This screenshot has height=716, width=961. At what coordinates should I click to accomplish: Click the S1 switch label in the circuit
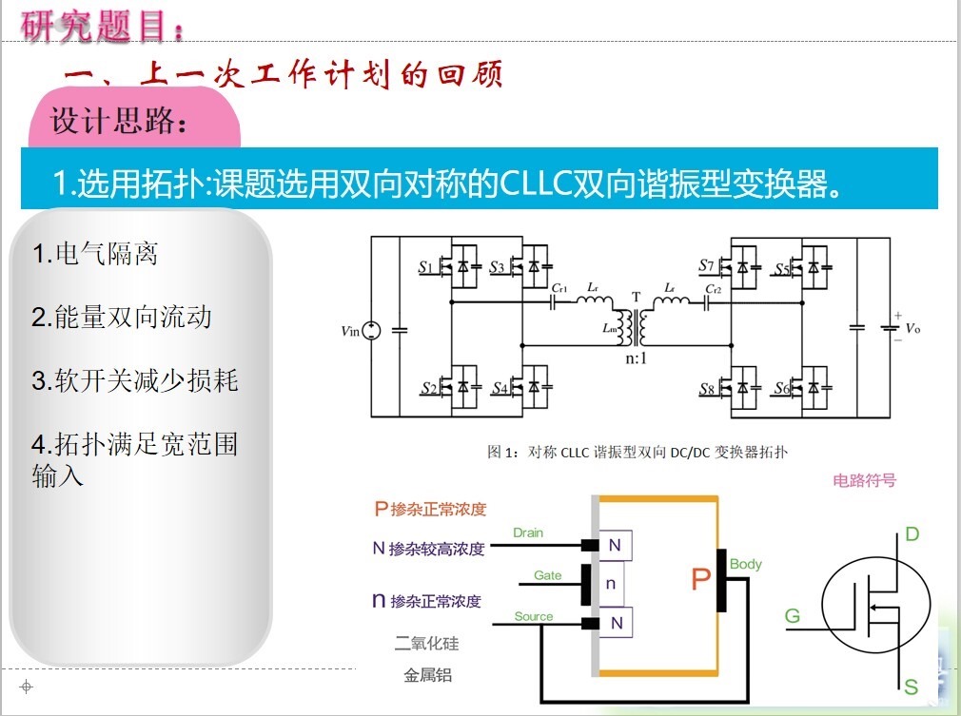coord(425,268)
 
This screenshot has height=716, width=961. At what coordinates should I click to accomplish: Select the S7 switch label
coord(705,266)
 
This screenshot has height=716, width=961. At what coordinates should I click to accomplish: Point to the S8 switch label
coord(706,389)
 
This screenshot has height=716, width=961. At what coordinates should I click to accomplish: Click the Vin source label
coord(351,331)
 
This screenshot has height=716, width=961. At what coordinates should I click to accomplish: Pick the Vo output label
coord(912,328)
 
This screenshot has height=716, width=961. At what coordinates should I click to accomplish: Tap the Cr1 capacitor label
coord(559,287)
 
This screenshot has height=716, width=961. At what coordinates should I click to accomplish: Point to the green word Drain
coord(528,532)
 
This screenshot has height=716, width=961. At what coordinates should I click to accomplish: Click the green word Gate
coord(547,575)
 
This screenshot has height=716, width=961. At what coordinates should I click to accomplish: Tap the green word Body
coord(746,564)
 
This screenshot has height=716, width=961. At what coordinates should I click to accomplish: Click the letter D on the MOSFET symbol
coord(912,534)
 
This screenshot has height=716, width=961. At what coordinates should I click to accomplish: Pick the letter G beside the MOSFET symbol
coord(793,616)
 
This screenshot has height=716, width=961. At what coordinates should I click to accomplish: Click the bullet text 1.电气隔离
coord(94,254)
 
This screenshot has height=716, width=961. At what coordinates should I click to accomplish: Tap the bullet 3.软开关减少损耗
coord(134,381)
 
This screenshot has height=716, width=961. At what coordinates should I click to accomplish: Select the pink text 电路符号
coord(864,480)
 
